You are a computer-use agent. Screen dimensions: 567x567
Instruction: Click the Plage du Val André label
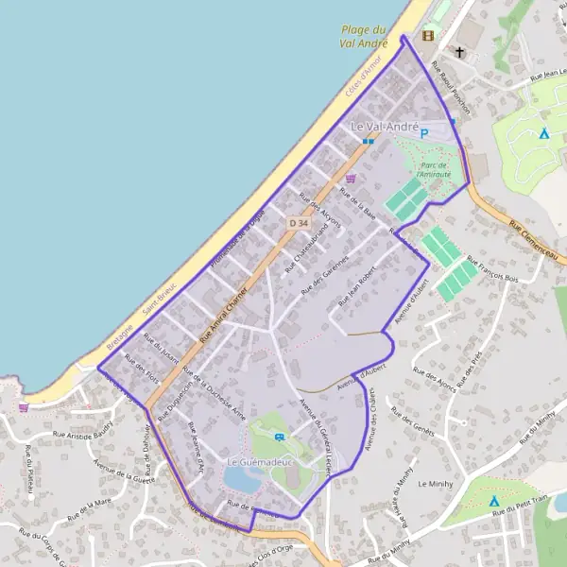(x=366, y=36)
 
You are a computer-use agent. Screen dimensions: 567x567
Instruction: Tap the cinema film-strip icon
(x=428, y=36)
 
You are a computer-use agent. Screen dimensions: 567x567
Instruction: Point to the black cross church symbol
(x=460, y=52)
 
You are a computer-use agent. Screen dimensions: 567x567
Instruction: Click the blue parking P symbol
(x=424, y=134)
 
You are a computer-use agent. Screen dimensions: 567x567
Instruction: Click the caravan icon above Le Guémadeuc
(x=280, y=437)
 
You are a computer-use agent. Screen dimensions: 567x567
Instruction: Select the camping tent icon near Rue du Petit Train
(x=493, y=500)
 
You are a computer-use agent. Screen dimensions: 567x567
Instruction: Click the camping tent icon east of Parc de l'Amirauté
(x=543, y=133)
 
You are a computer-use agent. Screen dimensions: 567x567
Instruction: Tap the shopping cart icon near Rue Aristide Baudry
(x=24, y=407)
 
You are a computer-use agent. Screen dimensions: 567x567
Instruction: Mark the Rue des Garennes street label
(x=324, y=275)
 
